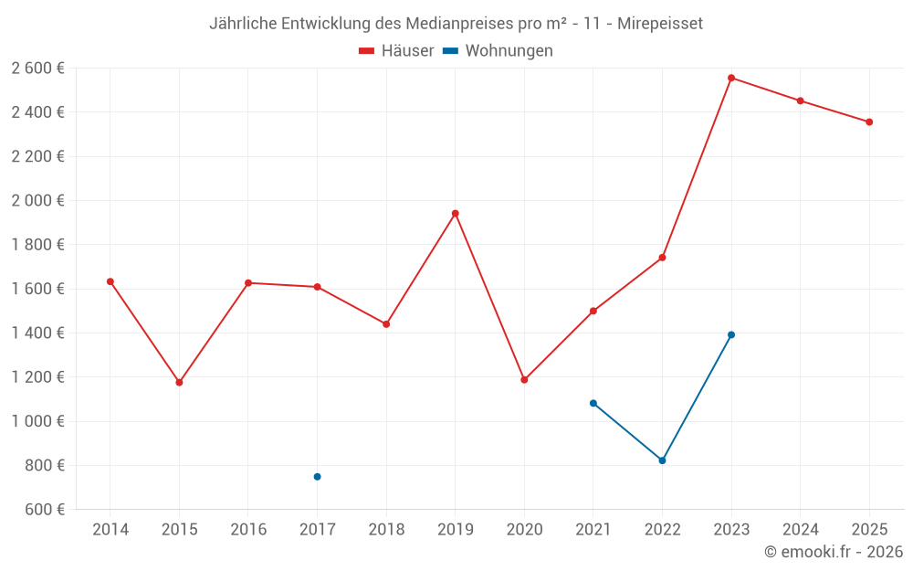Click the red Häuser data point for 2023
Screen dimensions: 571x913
(731, 78)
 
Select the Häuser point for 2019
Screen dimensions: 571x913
(455, 213)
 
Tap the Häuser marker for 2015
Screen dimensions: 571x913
(179, 382)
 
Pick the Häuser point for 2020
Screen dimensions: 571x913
(524, 379)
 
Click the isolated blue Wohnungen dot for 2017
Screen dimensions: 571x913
(317, 476)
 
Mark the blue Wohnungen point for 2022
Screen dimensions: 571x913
(662, 460)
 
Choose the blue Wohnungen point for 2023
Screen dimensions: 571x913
(731, 334)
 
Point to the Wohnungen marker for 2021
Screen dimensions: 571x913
(593, 403)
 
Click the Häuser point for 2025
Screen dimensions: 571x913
(869, 122)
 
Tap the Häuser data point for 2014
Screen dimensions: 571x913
(110, 281)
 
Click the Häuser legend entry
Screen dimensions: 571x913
(396, 51)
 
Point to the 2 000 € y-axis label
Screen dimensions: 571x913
(37, 200)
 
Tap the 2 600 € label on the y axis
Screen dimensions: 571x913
(37, 68)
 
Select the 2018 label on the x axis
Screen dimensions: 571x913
(386, 529)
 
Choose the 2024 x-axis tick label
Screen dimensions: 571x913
(800, 529)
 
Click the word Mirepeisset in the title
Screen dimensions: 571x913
(659, 24)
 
